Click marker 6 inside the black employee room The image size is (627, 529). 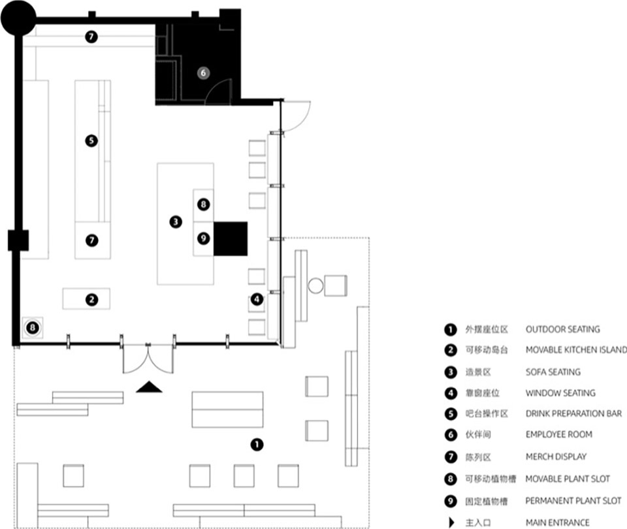click(203, 72)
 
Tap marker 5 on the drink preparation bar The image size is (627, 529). click(91, 141)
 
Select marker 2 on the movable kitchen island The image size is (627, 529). click(91, 300)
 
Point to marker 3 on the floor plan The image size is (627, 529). click(176, 221)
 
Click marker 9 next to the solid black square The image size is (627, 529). click(204, 239)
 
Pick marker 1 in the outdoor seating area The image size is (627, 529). click(257, 444)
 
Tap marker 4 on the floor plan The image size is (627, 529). click(257, 299)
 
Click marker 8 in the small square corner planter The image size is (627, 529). click(33, 328)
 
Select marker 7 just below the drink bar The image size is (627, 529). click(92, 240)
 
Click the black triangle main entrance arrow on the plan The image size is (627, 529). click(149, 387)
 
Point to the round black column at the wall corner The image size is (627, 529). click(18, 18)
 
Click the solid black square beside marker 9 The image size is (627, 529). click(231, 239)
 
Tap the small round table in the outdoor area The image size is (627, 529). click(315, 286)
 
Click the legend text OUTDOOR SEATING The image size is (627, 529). click(562, 329)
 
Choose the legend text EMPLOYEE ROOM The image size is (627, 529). click(558, 434)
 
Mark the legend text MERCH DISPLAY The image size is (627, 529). click(556, 457)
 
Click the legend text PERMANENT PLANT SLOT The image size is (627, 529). click(573, 501)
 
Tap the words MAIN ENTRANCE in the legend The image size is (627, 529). click(557, 522)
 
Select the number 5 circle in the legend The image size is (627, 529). click(451, 413)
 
